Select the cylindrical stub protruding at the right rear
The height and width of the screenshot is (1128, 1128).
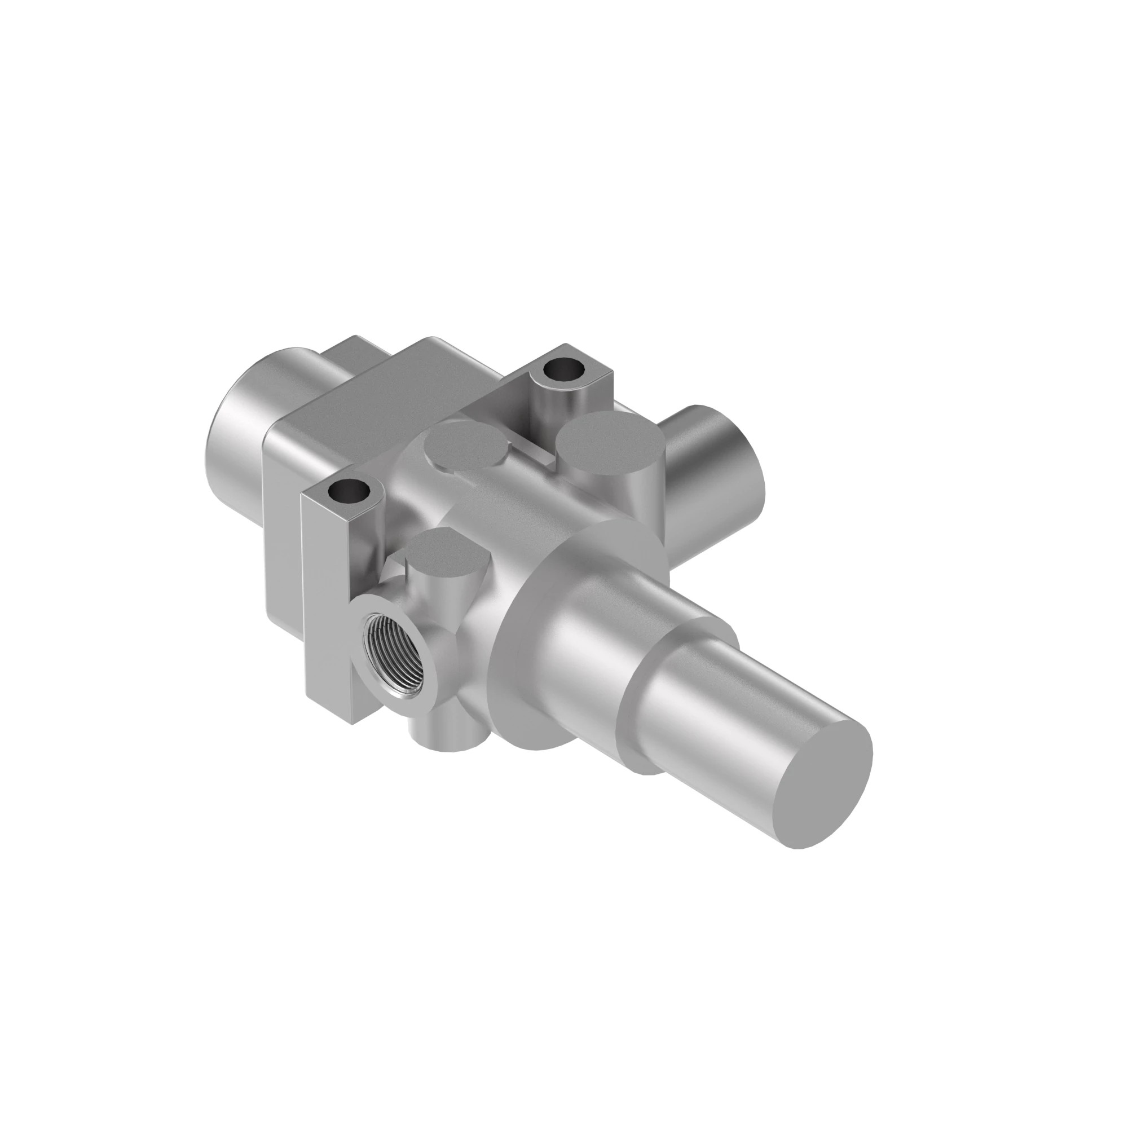[724, 467]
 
